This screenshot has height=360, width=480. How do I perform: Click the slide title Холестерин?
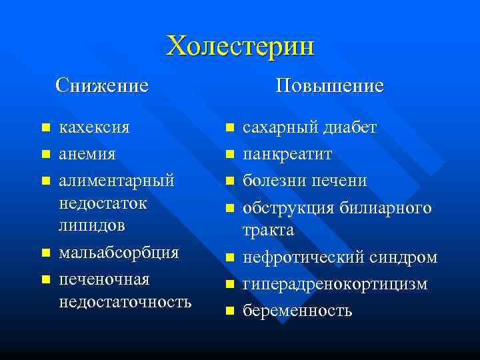tap(240, 46)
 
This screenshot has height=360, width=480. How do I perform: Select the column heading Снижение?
tap(102, 85)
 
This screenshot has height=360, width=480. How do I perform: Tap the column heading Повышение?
tap(330, 85)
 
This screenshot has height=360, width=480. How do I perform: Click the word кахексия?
tap(95, 127)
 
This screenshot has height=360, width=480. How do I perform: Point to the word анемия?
tap(87, 154)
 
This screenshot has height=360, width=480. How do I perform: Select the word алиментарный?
tap(117, 181)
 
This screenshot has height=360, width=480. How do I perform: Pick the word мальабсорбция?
tap(119, 253)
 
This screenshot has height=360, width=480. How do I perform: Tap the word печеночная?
tap(104, 279)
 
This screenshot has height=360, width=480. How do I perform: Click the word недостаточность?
tap(125, 301)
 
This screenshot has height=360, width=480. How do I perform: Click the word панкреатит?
tap(287, 154)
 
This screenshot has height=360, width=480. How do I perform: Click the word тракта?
tap(268, 230)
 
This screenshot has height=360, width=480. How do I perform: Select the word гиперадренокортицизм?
tap(335, 284)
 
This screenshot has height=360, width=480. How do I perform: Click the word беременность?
tap(297, 311)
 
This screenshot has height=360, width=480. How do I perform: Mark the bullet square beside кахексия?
tap(45, 127)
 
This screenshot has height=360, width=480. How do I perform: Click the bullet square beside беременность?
tap(229, 311)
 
